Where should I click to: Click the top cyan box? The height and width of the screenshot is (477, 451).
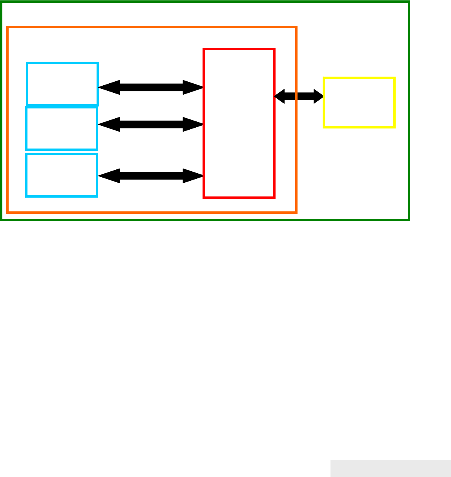click(x=62, y=84)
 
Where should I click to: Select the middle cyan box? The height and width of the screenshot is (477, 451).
click(x=61, y=128)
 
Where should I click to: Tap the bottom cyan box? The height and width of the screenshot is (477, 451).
click(x=61, y=175)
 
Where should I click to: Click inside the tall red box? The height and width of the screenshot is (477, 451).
click(x=239, y=123)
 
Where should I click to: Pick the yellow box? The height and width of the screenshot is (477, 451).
click(x=359, y=103)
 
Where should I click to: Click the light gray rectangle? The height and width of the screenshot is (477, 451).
click(x=390, y=468)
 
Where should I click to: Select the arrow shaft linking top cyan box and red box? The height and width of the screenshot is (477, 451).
click(x=151, y=87)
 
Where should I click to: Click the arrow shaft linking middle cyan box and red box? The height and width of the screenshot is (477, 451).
click(x=151, y=125)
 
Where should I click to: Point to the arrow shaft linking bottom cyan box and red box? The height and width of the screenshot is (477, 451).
click(x=151, y=176)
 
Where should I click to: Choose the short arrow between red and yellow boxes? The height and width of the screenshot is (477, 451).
click(x=299, y=96)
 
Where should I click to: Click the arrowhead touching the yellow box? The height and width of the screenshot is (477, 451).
click(x=318, y=96)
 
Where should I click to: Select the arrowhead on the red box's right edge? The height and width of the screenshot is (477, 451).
click(x=279, y=96)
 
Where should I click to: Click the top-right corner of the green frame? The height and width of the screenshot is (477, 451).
click(x=409, y=2)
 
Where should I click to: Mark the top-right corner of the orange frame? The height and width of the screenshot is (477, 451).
click(x=296, y=28)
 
